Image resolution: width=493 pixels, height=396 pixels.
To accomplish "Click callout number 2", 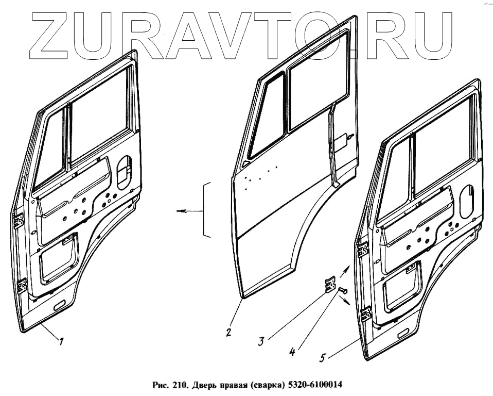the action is coord(228,333).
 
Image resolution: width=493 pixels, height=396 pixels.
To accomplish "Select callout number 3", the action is coord(262,341).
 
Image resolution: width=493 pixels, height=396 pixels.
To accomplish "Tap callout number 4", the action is coord(292,353).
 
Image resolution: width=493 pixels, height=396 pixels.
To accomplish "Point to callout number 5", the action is coord(323,356).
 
